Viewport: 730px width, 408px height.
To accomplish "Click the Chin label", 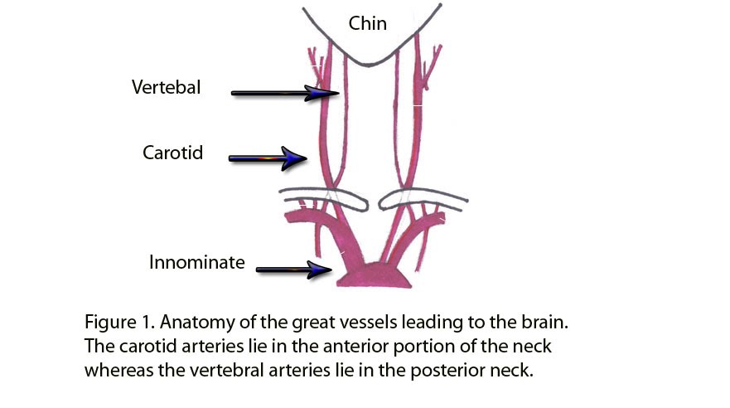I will pyautogui.click(x=368, y=23).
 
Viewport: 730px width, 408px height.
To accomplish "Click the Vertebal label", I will pyautogui.click(x=166, y=86).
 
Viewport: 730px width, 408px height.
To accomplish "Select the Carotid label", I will pyautogui.click(x=172, y=153).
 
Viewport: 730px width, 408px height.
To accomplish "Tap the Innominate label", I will pyautogui.click(x=197, y=263).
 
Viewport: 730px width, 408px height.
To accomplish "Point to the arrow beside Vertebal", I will pyautogui.click(x=282, y=94).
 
